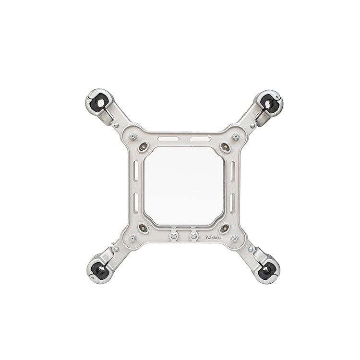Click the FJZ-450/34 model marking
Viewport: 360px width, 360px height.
214,238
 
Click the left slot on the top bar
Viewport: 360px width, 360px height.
168,139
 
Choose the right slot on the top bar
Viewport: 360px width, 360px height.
201,139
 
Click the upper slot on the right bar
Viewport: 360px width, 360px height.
232,171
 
